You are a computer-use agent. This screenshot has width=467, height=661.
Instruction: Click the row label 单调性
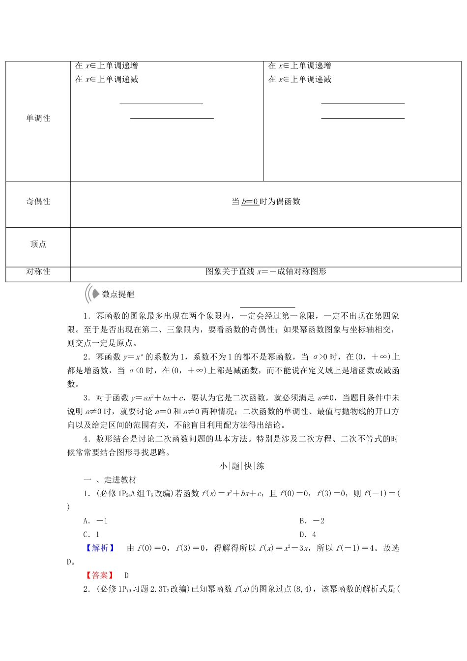coord(38,118)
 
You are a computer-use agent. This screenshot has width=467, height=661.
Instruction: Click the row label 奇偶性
coord(38,201)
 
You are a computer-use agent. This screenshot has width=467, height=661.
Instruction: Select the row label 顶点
coord(38,244)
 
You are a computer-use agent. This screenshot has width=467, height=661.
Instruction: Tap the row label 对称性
coord(38,271)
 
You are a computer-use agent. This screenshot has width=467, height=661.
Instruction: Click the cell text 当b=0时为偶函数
coord(265,201)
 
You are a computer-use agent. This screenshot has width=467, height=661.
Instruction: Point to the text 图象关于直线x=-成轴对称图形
coord(265,271)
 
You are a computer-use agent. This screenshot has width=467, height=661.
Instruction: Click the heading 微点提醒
coord(117,294)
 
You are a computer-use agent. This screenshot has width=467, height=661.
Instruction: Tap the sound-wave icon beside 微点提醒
coord(91,294)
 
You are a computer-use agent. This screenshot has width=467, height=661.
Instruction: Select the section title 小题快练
coord(242,466)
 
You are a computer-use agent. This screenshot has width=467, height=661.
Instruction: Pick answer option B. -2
coord(312,521)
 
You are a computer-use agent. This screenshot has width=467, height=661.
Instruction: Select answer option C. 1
coord(91,535)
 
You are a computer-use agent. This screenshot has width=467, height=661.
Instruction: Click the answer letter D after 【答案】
coord(126,575)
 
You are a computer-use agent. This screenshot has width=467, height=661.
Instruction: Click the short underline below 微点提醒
coord(267,307)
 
